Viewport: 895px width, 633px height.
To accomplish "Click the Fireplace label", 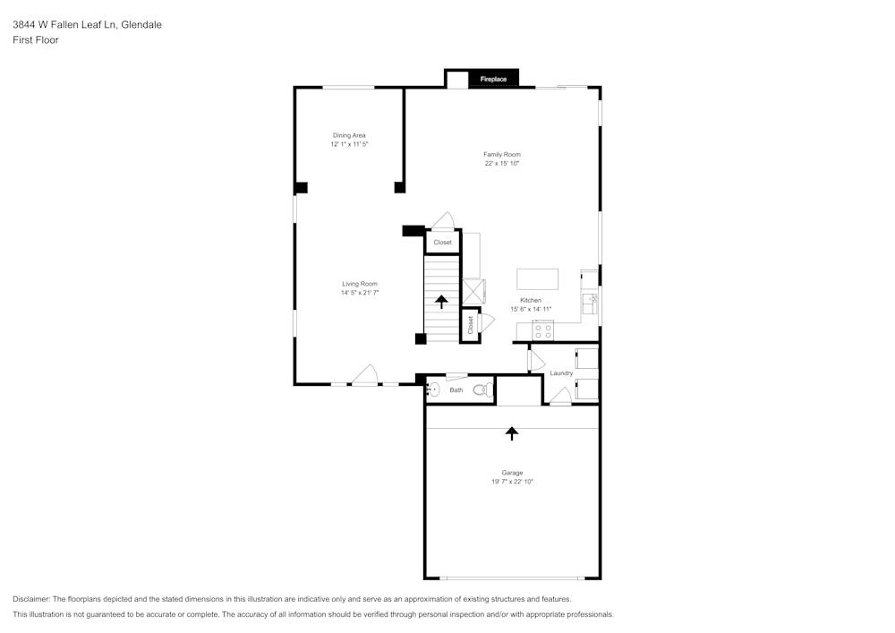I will coord(493,80).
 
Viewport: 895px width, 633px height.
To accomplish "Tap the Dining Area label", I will coord(349,135).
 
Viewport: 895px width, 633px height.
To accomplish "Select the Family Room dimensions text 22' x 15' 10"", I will coord(502,164).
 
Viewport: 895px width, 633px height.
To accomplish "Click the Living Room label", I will coord(360,284).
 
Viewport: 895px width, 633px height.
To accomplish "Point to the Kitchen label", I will coord(531,300).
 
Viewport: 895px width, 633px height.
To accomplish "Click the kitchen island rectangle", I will coord(537,279).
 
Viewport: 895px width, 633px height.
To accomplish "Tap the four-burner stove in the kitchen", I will coord(542,330).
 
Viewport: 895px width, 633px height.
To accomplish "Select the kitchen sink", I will coord(590,299).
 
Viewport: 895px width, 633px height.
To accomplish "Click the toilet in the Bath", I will coord(481,389).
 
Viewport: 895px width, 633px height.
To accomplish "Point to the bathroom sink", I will coord(434,389).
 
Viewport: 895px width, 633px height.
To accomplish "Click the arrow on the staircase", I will coord(441,302).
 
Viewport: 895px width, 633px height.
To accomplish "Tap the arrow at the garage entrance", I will coord(512,433).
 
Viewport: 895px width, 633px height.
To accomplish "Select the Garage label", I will coord(512,473).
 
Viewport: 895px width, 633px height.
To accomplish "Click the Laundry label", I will coord(561,373).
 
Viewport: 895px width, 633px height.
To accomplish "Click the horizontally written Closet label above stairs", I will coord(443,243).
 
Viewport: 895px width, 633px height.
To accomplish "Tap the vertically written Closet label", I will coord(470,325).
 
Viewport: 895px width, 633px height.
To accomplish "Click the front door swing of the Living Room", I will coord(364,375).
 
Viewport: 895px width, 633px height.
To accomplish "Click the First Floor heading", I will coord(36,40).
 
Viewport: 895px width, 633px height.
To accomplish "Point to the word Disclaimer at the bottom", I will coord(31,599).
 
